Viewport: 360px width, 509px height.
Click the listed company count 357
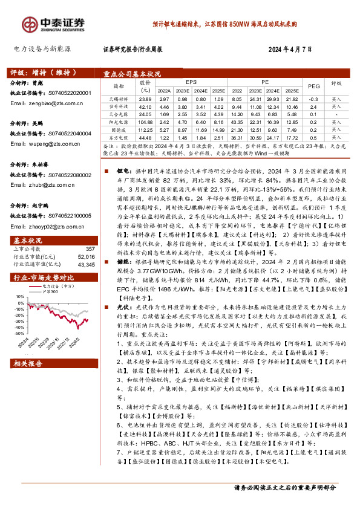(x=90, y=249)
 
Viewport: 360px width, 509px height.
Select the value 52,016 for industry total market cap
(x=86, y=256)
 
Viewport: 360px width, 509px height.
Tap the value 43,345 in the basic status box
(x=86, y=264)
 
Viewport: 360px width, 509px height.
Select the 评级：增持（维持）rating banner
(x=38, y=70)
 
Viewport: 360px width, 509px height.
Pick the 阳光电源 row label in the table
(x=119, y=121)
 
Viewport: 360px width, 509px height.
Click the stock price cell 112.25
(x=145, y=129)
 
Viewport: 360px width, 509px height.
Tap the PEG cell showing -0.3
(x=313, y=98)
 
